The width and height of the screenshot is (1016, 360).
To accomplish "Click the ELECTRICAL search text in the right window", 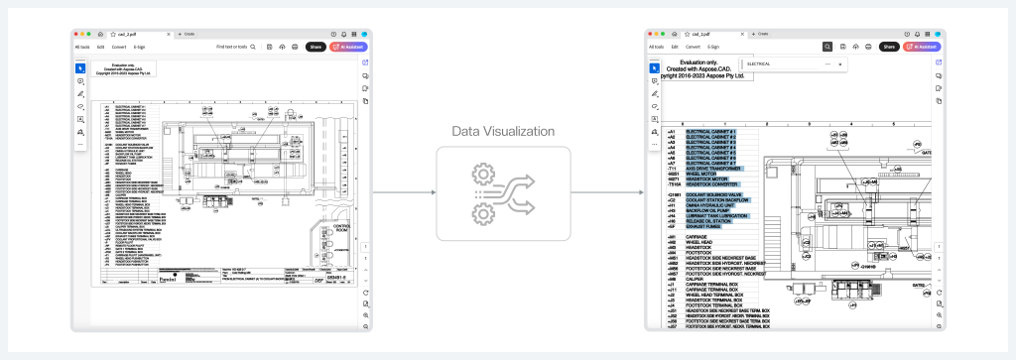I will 758,63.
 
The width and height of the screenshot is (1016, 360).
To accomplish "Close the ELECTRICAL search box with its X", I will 840,63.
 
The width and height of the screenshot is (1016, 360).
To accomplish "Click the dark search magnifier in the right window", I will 826,47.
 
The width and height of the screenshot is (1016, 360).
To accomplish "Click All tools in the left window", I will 85,47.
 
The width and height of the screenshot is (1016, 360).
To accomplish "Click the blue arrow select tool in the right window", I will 653,66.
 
